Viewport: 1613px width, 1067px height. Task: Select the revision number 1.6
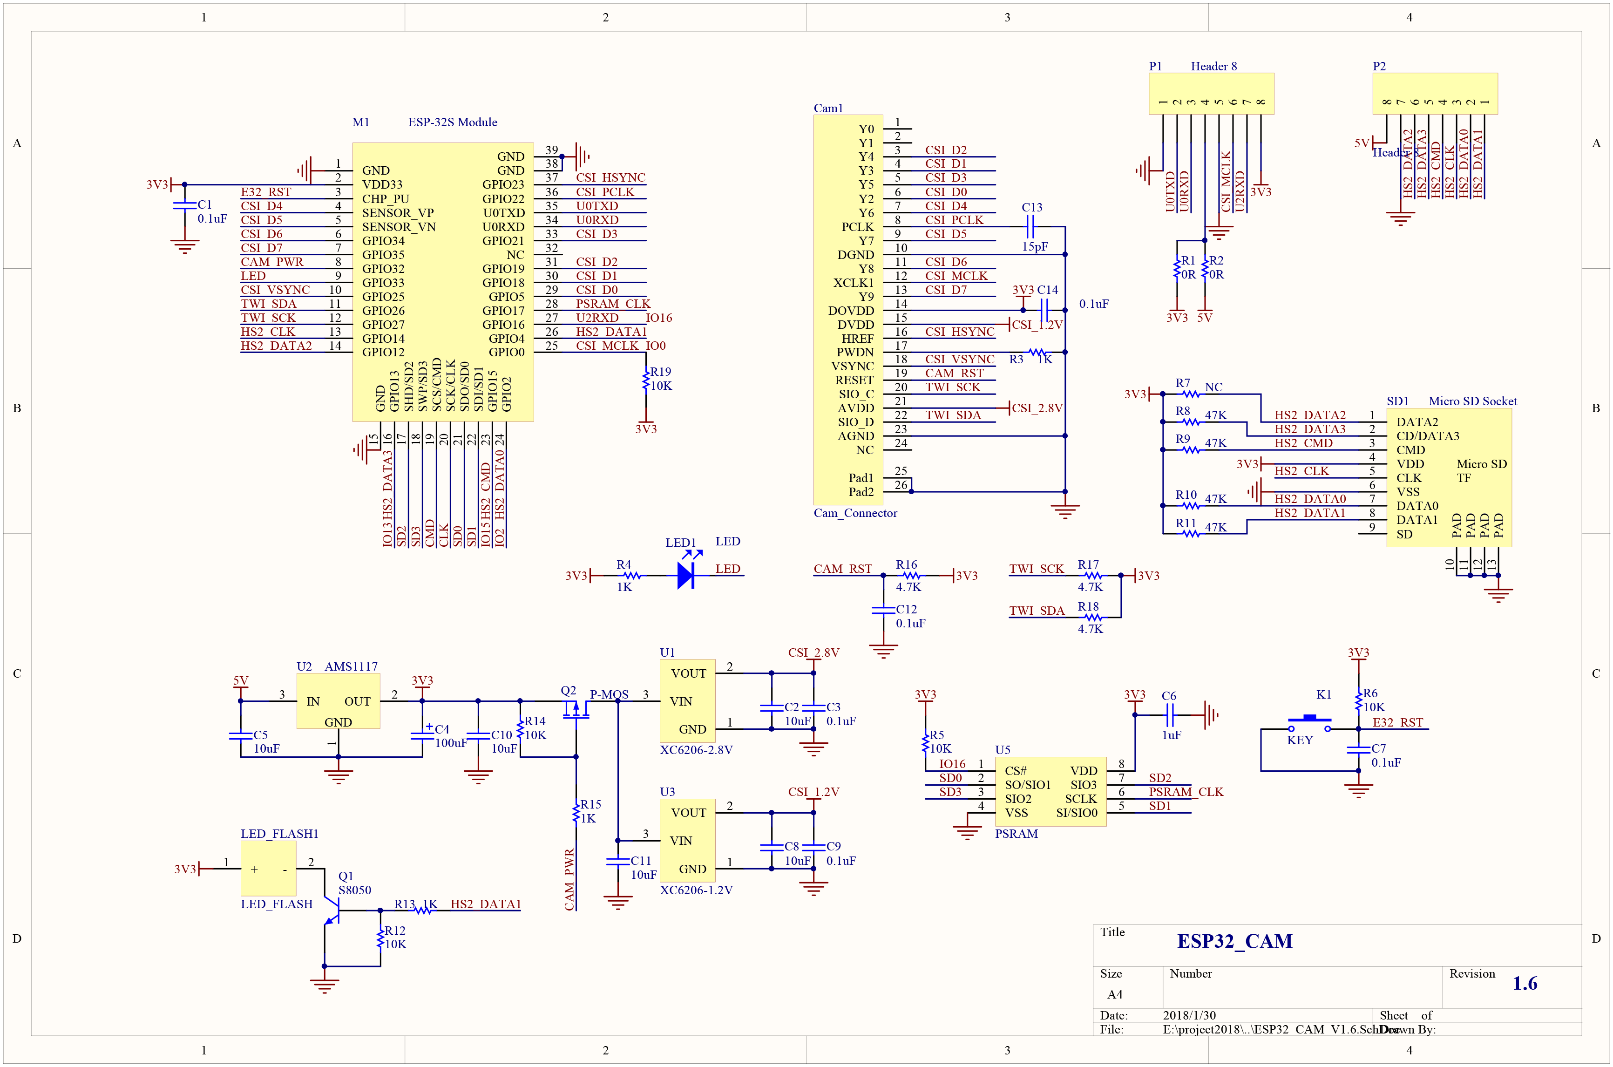[x=1525, y=983]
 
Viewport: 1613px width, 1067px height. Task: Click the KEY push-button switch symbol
[x=1309, y=723]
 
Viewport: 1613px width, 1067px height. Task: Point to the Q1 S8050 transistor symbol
[x=332, y=910]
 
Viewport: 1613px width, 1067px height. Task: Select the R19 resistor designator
[x=661, y=372]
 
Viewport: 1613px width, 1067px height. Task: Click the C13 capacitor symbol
[x=1030, y=227]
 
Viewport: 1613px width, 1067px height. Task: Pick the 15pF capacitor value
[x=1035, y=247]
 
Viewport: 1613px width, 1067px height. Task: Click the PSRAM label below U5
[x=1017, y=834]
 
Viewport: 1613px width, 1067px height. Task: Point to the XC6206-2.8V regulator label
[x=696, y=750]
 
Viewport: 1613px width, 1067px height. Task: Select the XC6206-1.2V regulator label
[x=696, y=890]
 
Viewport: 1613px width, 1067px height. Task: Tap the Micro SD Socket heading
[x=1473, y=401]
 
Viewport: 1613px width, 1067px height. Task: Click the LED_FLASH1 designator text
[x=279, y=834]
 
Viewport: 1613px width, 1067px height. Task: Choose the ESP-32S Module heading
[x=453, y=122]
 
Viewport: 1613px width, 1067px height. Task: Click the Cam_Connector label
[x=855, y=513]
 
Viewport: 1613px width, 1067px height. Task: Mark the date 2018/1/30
[x=1189, y=1015]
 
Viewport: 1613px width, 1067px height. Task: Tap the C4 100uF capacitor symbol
[x=422, y=735]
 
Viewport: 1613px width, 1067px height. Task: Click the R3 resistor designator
[x=1016, y=359]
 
